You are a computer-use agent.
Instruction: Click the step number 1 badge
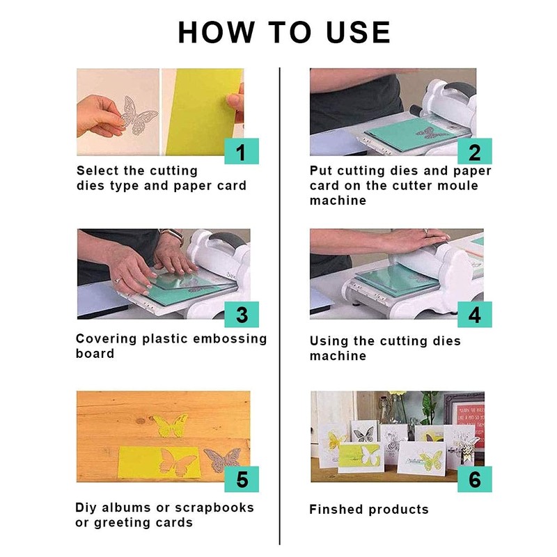pos(242,151)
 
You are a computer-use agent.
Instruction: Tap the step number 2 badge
pos(475,151)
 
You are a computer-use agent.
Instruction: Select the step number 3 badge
pos(242,315)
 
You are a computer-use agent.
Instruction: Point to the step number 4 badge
pos(475,315)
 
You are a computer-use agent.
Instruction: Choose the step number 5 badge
pos(242,479)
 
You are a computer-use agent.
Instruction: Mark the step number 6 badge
pos(475,479)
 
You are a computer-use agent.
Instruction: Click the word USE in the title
pos(359,32)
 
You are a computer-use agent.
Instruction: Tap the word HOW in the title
pos(217,32)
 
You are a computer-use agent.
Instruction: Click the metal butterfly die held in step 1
pos(138,116)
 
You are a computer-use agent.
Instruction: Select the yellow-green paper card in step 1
pos(203,112)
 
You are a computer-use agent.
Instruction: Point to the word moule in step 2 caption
pos(457,185)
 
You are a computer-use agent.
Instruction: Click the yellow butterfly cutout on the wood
pos(171,425)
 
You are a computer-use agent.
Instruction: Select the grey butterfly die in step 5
pos(222,460)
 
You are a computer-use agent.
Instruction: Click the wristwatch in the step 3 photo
pos(173,235)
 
